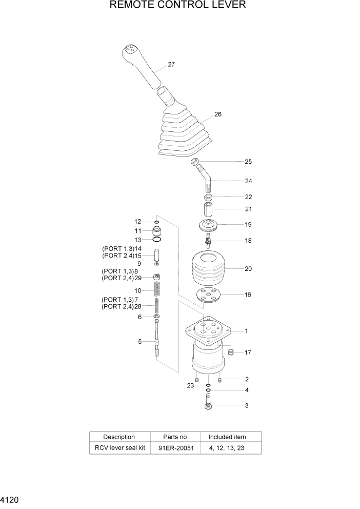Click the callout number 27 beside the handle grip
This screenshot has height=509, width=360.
[x=171, y=65]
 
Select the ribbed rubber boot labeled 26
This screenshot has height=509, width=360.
[x=184, y=136]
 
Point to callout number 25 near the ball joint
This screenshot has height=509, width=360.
[x=248, y=162]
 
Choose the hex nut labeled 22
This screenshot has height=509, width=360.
[x=209, y=198]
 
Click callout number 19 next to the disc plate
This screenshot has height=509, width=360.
[x=248, y=225]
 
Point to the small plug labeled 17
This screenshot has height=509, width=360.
[x=231, y=352]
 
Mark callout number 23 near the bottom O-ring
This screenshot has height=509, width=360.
[x=190, y=385]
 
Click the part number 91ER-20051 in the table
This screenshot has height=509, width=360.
[x=174, y=448]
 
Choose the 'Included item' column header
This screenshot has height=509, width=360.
[x=227, y=437]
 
